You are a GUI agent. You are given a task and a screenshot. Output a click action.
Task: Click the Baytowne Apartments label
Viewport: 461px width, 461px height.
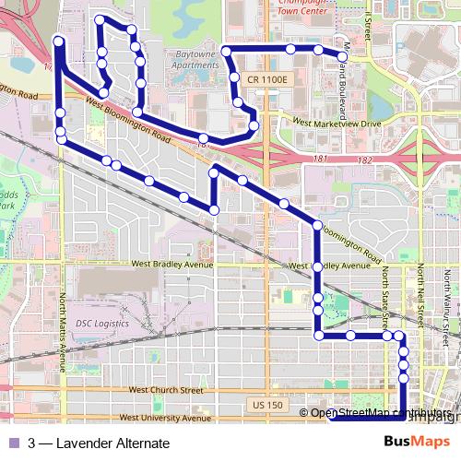click(195, 59)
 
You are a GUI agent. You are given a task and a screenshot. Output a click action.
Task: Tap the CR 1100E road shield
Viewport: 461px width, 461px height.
click(266, 81)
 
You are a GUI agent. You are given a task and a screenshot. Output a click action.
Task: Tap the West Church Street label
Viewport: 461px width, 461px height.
click(166, 390)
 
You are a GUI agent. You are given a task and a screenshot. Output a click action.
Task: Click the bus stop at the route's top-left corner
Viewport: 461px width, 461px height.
click(59, 41)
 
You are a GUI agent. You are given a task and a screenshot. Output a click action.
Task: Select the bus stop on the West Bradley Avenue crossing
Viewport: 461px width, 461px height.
click(317, 266)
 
